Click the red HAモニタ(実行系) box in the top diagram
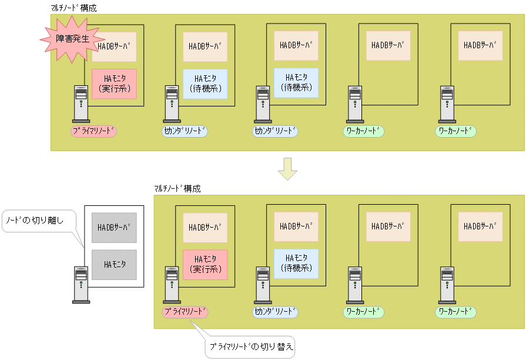pos(114,84)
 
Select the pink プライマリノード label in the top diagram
pos(93,131)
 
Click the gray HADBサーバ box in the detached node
pos(114,227)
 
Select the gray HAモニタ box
pos(114,265)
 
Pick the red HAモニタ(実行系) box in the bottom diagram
pos(205,264)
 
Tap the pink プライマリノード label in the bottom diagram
pos(185,311)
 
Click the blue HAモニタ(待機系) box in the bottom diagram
pos(296,263)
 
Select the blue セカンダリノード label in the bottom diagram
pos(276,311)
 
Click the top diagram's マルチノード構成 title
pos(74,8)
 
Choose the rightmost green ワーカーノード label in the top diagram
pos(455,131)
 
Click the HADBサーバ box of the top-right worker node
pos(480,45)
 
